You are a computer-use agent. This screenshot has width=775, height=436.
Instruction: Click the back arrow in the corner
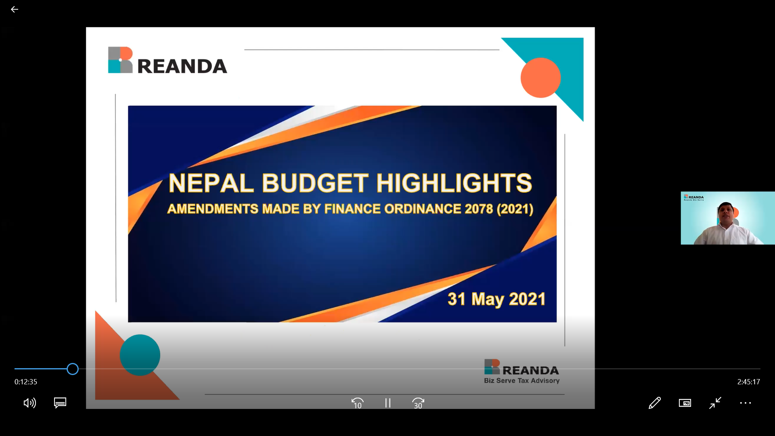pos(15,9)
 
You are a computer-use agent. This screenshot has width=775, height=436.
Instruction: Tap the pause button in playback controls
pos(387,403)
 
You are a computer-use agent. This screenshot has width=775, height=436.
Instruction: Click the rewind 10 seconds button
pos(358,403)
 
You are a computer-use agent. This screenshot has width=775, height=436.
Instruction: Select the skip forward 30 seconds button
pos(418,403)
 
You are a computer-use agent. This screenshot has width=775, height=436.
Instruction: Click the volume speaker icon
pos(30,403)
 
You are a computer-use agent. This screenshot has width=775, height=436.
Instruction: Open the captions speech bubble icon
pos(60,403)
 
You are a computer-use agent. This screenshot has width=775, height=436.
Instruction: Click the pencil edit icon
pos(655,403)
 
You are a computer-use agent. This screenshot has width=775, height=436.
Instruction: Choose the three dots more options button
pos(746,403)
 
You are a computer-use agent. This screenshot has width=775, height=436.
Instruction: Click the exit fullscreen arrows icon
pos(715,403)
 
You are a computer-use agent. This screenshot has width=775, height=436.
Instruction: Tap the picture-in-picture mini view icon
pos(685,403)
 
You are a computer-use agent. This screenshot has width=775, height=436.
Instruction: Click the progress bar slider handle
pos(73,369)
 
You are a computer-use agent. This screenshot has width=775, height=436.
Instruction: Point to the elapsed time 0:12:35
pos(26,382)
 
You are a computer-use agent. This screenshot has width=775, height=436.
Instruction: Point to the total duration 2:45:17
pos(749,382)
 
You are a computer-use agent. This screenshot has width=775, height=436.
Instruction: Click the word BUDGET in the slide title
pos(315,183)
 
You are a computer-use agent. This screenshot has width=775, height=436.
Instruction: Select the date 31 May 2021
pos(496,299)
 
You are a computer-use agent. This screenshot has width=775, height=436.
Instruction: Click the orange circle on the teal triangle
pos(540,78)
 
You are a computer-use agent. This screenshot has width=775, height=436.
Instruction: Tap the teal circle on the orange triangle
pos(140,355)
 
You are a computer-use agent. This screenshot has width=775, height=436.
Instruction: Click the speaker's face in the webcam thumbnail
pos(726,214)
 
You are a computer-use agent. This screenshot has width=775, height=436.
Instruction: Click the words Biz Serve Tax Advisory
pos(522,381)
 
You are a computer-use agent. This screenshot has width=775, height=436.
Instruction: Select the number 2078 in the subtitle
pos(479,209)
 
